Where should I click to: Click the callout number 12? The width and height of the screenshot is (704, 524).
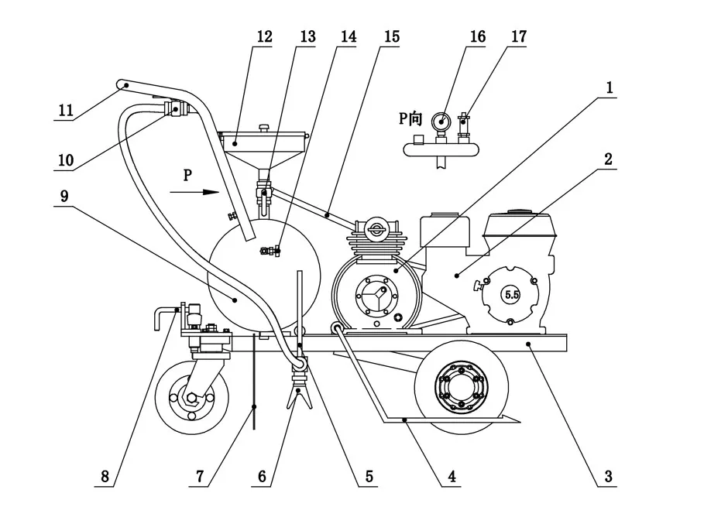click(265, 37)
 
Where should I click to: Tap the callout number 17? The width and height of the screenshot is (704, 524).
click(517, 37)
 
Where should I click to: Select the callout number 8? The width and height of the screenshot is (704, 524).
click(105, 476)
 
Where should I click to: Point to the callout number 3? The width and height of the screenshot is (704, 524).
click(608, 476)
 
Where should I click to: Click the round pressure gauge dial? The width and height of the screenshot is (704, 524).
click(441, 120)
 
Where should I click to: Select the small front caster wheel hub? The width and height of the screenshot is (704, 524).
click(191, 399)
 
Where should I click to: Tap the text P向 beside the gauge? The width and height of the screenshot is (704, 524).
click(410, 118)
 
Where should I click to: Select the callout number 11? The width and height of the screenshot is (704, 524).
click(65, 110)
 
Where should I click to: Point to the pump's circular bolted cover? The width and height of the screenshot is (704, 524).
click(376, 296)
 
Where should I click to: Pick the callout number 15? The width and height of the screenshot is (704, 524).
click(391, 37)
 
